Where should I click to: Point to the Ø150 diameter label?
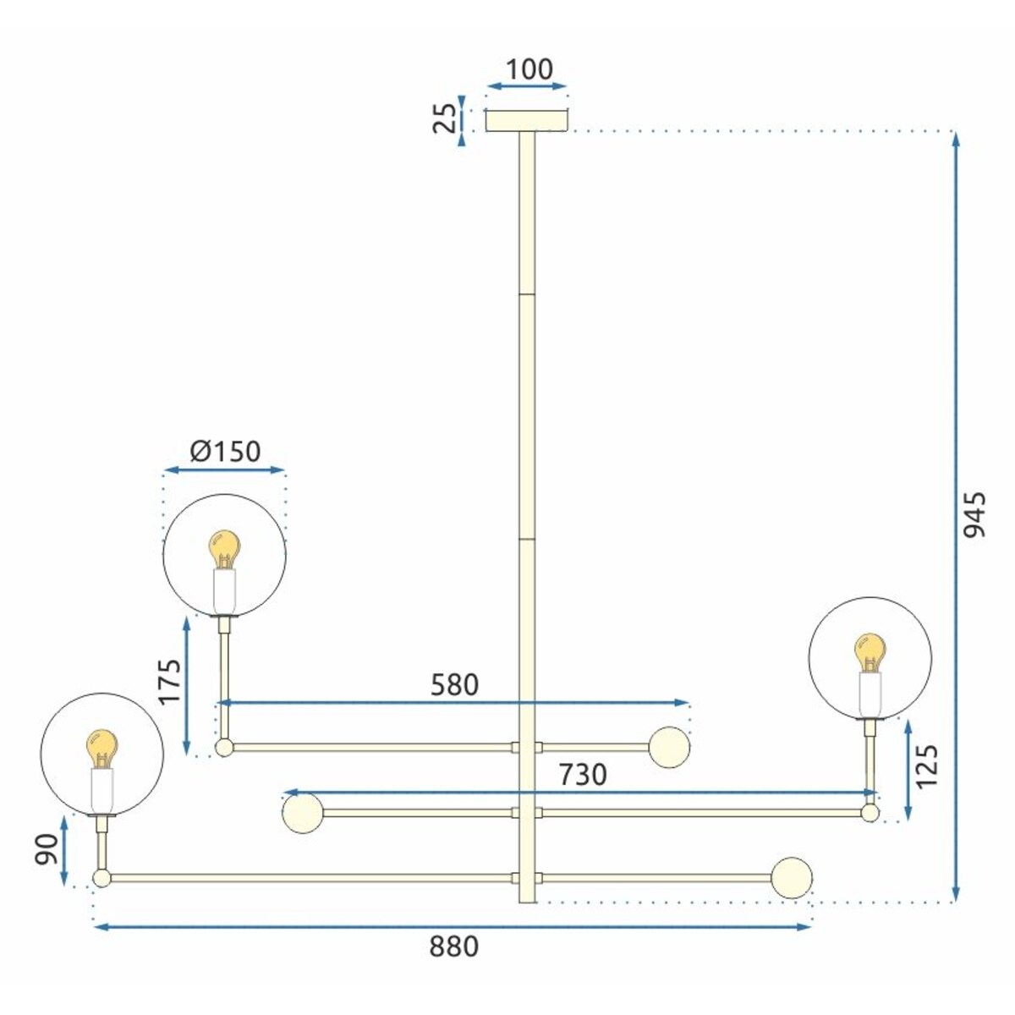(225, 452)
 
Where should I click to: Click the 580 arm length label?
(454, 684)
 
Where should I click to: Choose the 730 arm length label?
(582, 774)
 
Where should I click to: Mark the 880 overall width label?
(453, 946)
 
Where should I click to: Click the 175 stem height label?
(170, 682)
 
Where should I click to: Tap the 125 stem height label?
(927, 766)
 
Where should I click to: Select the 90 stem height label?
(47, 849)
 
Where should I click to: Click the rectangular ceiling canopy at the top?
(527, 121)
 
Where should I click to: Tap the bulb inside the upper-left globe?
(224, 549)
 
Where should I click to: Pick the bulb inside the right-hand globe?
(870, 653)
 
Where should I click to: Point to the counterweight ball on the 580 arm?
(670, 747)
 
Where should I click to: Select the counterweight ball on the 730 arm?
(302, 813)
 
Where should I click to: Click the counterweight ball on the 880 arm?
(792, 878)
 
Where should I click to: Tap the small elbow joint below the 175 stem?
(223, 748)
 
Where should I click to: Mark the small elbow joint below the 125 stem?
(870, 813)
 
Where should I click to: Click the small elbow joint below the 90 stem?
(101, 878)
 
